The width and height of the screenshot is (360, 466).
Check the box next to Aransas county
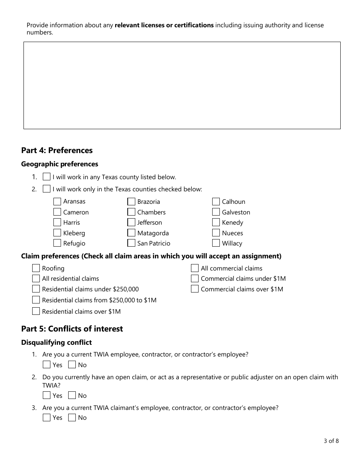coord(57,202)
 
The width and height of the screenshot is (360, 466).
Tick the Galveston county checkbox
coord(216,212)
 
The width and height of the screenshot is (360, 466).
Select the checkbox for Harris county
coord(57,222)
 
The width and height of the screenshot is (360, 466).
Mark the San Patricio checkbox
coord(131,243)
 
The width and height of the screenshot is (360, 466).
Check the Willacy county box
coord(216,243)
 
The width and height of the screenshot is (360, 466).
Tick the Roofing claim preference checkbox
coord(36,268)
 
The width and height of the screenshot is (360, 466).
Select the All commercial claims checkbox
coord(195,268)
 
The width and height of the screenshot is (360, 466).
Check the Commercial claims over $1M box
coord(195,289)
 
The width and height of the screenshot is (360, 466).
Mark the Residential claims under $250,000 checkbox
coord(36,289)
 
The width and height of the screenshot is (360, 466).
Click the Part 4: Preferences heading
coord(57,150)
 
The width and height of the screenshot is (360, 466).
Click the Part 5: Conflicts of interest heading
coord(72,329)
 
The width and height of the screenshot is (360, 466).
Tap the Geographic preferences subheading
coord(59,164)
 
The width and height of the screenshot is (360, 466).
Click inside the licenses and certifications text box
coord(182,85)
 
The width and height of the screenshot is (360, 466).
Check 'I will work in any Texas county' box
coord(47,177)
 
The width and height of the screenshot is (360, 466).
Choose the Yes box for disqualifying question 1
coord(47,365)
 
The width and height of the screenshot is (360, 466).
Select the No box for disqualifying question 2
coord(72,396)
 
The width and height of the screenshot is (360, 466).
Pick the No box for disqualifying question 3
coord(72,418)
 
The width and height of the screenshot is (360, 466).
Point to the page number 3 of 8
coord(331,441)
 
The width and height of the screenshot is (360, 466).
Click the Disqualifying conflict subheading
coord(56,342)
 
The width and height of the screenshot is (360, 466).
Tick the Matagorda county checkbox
coord(131,233)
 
